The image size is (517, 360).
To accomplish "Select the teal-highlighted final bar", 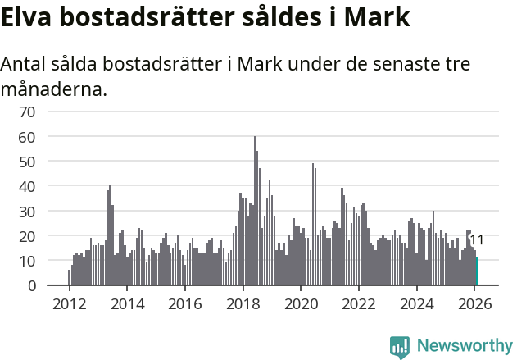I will click(476, 272).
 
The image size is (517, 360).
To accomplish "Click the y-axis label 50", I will click(26, 161).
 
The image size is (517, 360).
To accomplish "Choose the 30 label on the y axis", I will click(26, 211).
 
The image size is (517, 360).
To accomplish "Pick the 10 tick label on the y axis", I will click(26, 261).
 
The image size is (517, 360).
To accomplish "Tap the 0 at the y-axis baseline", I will click(30, 285).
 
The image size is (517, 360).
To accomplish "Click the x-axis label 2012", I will click(69, 303).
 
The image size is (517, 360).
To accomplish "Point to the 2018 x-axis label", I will click(243, 303).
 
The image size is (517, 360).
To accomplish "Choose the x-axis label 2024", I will click(417, 303).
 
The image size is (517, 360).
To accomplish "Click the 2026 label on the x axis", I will click(475, 303).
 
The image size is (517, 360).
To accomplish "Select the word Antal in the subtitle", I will click(25, 66).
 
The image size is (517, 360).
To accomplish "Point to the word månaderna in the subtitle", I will click(54, 89).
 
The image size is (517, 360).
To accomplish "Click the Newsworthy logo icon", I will click(400, 347).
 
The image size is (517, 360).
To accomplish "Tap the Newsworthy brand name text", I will click(464, 346).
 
